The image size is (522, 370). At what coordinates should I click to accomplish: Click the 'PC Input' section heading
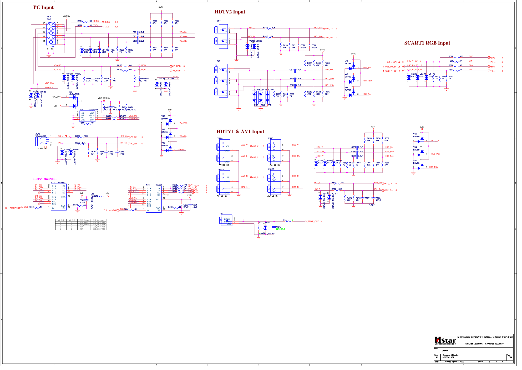coord(43,7)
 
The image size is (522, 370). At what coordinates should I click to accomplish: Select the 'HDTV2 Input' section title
coord(230,12)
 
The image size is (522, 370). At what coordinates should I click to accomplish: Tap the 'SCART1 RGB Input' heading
coord(427,43)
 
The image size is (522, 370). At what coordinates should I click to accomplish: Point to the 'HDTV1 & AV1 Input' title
coord(240,132)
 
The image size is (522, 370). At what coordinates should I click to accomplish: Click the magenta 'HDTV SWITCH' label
coord(45,179)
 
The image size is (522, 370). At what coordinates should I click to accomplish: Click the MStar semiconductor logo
coord(445,340)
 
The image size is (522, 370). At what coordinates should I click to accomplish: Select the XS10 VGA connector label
coord(49,18)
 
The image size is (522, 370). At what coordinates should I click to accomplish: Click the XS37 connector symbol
coord(226,220)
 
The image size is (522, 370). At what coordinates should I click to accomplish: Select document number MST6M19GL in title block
coord(448,358)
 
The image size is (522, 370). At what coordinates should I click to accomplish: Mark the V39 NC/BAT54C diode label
coord(74,93)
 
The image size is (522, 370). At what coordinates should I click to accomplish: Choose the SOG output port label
coord(493,58)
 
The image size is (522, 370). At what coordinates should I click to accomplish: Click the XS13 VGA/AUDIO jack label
coord(41,135)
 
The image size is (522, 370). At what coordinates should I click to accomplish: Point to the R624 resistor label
coord(80,21)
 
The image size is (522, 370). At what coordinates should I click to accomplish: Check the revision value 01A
coord(510,358)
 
